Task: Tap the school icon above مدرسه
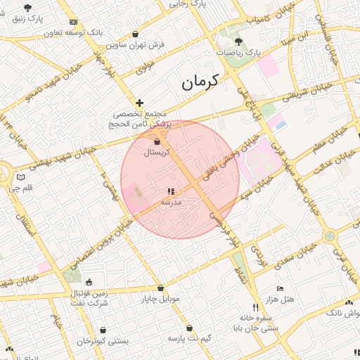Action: [x=170, y=191]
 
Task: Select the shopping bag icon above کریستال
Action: [x=157, y=142]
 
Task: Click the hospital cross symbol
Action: [x=140, y=103]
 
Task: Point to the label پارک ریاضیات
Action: [x=237, y=53]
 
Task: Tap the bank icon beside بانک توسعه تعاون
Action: [x=74, y=22]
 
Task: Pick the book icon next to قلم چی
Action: [x=20, y=176]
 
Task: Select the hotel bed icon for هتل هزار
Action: [x=281, y=289]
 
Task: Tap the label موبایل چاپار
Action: [x=160, y=299]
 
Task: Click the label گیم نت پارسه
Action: [x=189, y=338]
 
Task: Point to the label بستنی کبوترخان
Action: [x=103, y=340]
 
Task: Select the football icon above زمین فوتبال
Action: [x=89, y=283]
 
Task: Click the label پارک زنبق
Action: [x=28, y=18]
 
